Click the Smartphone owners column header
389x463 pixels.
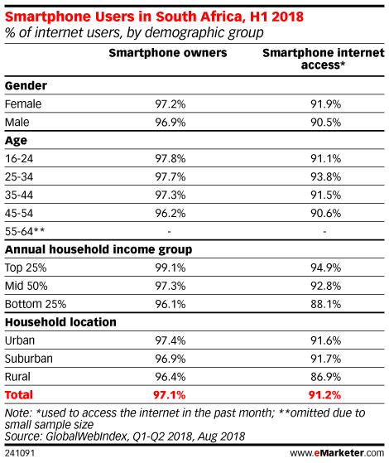168,53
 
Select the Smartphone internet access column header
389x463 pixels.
324,59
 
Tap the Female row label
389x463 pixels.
23,104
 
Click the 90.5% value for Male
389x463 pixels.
325,123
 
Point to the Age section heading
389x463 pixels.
16,141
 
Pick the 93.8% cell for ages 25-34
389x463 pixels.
325,177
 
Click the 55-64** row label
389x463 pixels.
25,231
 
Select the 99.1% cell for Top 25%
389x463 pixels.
170,268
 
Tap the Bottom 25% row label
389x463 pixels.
36,304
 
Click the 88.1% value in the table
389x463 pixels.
325,304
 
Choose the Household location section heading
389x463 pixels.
60,322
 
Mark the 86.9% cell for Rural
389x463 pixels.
325,377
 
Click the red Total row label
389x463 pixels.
19,395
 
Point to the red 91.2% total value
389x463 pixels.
324,395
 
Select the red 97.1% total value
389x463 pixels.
170,395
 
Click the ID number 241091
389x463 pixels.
20,453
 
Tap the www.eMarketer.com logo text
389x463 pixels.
337,453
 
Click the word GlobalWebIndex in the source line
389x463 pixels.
87,436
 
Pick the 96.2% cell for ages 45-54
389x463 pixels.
170,213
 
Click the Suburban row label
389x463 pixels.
29,359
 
